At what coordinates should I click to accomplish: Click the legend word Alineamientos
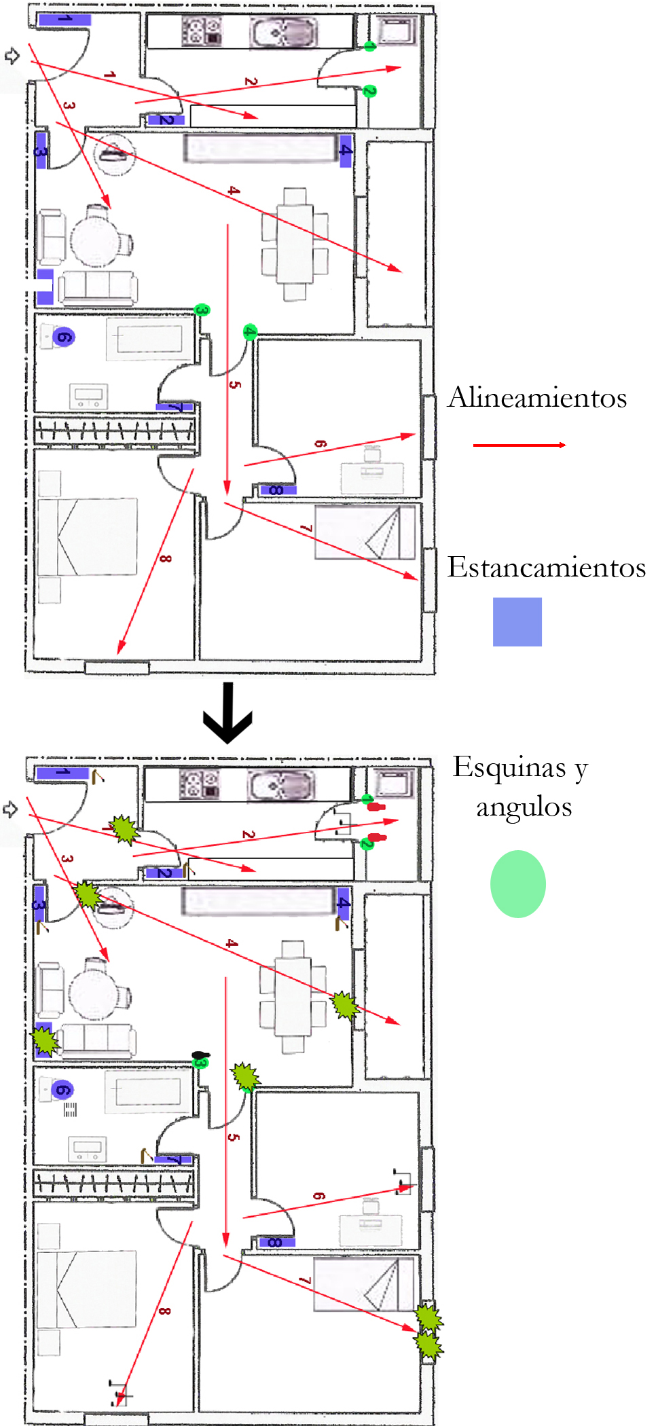537,399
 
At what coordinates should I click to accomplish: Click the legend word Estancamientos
546,568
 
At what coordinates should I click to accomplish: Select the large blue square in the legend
517,621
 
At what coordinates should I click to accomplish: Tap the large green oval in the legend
517,883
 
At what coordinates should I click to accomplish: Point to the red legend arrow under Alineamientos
519,445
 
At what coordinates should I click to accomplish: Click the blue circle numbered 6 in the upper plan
63,337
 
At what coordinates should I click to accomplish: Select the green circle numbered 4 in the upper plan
250,331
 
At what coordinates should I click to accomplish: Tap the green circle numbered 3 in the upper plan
202,310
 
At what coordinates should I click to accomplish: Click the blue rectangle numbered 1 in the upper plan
65,19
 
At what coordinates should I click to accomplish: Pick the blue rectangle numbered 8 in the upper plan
277,490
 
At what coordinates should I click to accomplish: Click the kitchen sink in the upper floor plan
282,32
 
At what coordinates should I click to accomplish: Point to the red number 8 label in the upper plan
165,559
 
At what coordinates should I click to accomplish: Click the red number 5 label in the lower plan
234,1137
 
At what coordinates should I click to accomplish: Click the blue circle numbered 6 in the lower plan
62,1090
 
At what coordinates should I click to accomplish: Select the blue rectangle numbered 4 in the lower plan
344,903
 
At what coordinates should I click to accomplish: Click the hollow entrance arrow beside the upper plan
12,56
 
